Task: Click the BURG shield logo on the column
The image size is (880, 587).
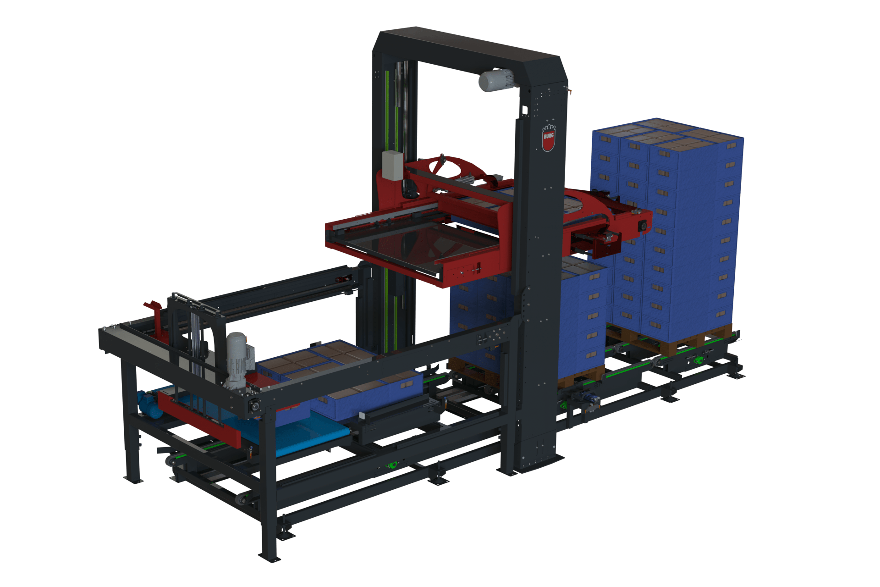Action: (548, 138)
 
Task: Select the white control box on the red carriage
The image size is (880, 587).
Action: (392, 164)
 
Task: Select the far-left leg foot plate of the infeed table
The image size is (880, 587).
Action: (133, 481)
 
